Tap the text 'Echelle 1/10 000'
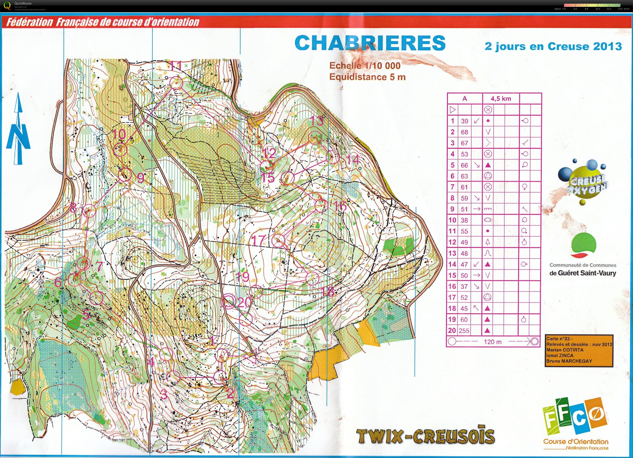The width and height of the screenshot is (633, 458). (x=365, y=66)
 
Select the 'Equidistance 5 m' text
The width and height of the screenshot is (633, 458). (x=367, y=77)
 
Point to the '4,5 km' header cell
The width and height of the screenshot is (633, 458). (x=501, y=98)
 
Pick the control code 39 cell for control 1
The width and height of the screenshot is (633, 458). (x=464, y=121)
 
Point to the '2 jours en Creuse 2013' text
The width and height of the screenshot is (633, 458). (x=553, y=46)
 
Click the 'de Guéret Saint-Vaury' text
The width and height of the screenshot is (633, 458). (x=582, y=273)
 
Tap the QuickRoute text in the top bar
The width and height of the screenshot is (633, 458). (x=24, y=4)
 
